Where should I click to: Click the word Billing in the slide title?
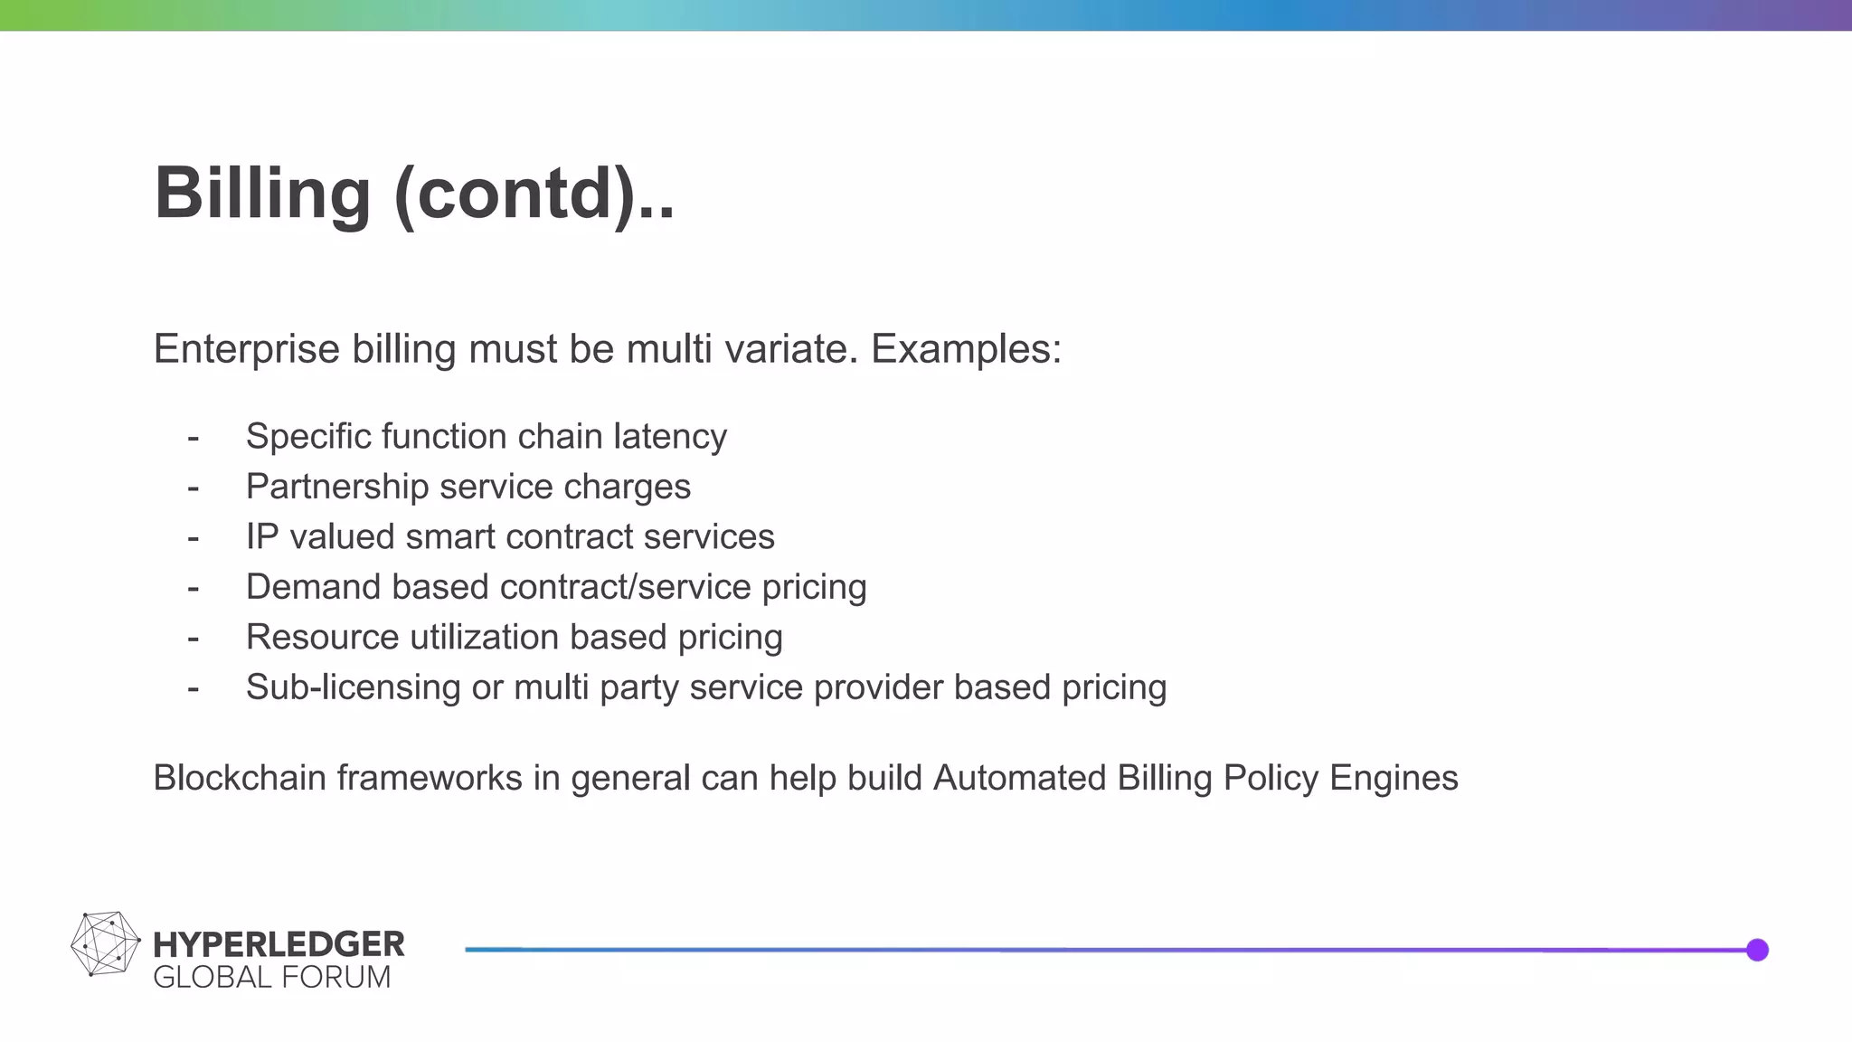262,194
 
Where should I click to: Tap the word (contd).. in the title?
534,194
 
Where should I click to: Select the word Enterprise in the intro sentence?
246,349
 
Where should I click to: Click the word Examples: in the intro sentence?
966,349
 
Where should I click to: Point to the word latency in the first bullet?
670,437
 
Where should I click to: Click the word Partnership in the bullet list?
337,487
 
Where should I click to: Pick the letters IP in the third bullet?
262,537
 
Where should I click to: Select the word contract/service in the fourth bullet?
625,587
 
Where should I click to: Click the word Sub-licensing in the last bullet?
353,687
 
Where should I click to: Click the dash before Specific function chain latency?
193,438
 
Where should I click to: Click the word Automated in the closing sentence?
1019,778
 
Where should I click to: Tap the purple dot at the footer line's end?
1757,950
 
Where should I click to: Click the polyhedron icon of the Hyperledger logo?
105,944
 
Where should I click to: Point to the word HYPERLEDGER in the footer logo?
279,944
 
